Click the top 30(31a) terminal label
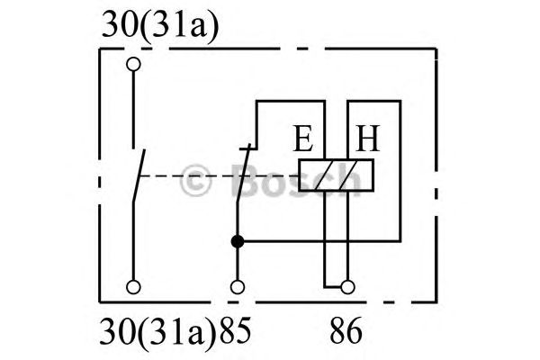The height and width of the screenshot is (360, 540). point(160,25)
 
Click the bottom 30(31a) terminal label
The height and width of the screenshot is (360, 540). point(157,331)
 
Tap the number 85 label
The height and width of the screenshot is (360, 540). point(236,330)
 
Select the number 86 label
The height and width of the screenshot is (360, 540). point(346,330)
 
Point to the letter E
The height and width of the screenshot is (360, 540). point(303,138)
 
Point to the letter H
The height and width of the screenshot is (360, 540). point(367,138)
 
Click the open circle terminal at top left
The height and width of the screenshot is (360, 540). point(133,64)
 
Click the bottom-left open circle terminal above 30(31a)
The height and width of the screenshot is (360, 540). point(133,287)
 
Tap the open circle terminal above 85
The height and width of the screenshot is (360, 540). point(238,287)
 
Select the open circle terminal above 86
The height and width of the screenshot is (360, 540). point(347,287)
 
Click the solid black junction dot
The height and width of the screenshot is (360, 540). point(238,241)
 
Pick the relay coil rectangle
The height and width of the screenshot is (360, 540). point(336,175)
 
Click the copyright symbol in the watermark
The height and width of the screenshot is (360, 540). point(195,180)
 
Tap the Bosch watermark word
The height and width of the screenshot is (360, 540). point(295,180)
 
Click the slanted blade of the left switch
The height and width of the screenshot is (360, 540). point(139,175)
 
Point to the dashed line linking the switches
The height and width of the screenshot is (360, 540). point(219,176)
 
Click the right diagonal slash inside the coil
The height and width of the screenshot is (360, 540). point(348,175)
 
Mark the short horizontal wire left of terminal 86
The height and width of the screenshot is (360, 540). point(333,286)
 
